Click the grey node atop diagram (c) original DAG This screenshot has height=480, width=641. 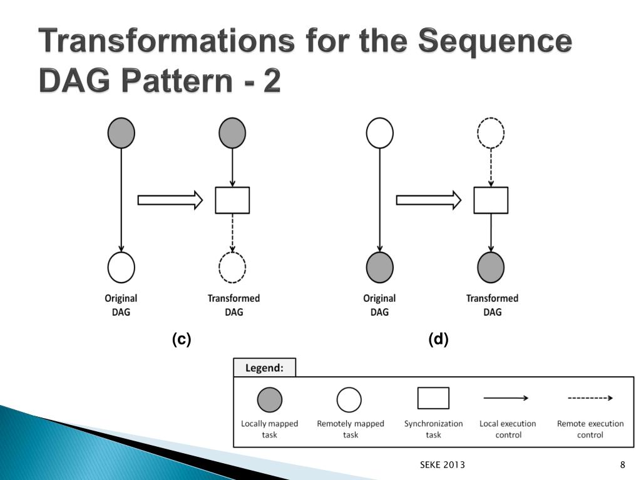click(121, 133)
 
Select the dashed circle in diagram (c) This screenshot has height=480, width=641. click(232, 268)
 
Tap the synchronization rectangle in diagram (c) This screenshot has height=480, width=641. click(232, 200)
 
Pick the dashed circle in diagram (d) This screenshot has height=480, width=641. click(491, 133)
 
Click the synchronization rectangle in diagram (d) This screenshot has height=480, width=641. click(491, 200)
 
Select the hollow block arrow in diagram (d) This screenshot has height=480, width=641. click(429, 200)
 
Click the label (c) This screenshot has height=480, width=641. click(182, 339)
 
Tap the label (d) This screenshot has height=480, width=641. click(439, 339)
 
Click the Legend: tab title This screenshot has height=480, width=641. click(264, 367)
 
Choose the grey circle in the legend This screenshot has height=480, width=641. click(270, 400)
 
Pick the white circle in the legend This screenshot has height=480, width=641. click(349, 400)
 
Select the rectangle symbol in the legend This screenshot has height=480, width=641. click(433, 398)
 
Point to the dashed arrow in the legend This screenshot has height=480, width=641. click(590, 397)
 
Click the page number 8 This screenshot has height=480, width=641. click(623, 464)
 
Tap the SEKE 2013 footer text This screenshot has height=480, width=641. click(442, 464)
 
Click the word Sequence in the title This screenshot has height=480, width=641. click(494, 42)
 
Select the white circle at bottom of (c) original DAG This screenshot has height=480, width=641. click(121, 268)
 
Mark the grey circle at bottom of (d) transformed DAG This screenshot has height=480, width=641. click(491, 268)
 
